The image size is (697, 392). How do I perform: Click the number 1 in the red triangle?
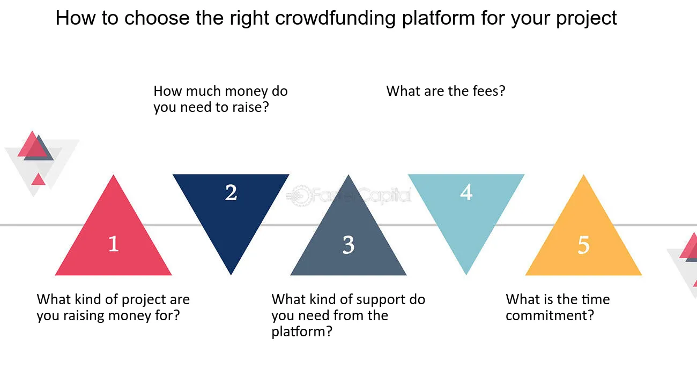[x=114, y=244]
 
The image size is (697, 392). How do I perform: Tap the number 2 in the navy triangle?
[x=231, y=192]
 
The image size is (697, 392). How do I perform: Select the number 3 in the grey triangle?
[x=349, y=245]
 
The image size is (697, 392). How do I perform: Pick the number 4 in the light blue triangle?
[x=466, y=192]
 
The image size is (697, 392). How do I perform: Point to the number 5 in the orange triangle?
[x=584, y=245]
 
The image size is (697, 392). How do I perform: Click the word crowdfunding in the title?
[x=335, y=18]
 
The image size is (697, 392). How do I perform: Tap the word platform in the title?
[x=439, y=18]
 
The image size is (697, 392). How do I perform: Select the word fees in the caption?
[x=489, y=91]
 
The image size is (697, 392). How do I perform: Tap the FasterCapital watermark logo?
[x=349, y=195]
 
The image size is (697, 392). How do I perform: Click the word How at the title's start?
[x=75, y=18]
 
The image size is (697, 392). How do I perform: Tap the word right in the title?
[x=249, y=18]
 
